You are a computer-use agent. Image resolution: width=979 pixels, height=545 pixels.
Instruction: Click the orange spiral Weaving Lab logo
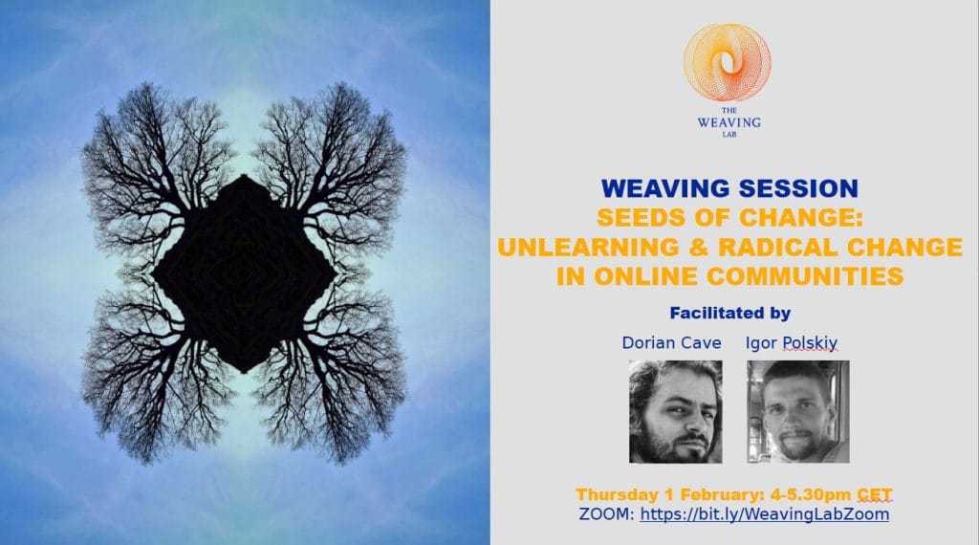727,62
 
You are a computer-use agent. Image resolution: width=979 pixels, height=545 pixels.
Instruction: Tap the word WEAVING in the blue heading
665,188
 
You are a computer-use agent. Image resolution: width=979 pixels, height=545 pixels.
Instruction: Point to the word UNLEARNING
588,248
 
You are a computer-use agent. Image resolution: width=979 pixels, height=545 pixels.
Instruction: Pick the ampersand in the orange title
698,248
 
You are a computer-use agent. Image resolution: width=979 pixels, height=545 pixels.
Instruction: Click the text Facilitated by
729,313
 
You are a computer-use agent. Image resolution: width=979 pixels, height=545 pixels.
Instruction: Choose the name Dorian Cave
671,342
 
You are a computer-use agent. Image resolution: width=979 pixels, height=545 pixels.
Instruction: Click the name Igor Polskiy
791,342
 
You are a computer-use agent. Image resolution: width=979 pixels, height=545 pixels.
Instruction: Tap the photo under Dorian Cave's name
676,411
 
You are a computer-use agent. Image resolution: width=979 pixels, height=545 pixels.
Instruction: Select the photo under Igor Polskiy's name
798,411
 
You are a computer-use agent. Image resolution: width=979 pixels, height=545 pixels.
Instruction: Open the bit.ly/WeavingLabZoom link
765,514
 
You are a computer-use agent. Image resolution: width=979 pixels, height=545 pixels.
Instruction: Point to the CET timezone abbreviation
874,494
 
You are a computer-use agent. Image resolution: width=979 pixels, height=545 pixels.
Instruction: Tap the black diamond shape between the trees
244,273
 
